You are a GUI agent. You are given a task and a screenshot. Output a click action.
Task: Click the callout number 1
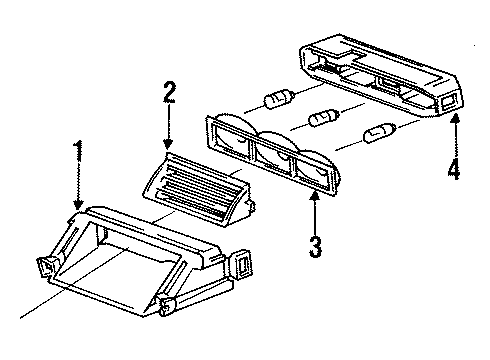[78, 151]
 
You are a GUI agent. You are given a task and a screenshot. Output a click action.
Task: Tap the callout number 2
[169, 92]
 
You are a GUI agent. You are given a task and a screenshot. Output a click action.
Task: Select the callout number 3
[315, 247]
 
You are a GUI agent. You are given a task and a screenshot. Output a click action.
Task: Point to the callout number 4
[454, 168]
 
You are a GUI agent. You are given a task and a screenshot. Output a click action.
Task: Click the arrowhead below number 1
[79, 204]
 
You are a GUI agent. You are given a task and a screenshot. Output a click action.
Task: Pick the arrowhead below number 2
[168, 143]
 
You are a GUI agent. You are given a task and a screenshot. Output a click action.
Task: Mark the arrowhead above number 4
[455, 119]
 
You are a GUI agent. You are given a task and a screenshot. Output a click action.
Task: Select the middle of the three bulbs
[325, 118]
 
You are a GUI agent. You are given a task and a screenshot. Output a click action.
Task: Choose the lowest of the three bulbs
[380, 132]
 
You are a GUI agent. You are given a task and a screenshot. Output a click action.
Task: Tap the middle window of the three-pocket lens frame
[274, 157]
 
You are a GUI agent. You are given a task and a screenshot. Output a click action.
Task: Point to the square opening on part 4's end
[448, 101]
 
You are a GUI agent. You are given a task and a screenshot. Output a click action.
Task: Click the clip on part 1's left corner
[47, 267]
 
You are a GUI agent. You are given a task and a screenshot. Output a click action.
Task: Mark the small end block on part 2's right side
[250, 207]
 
